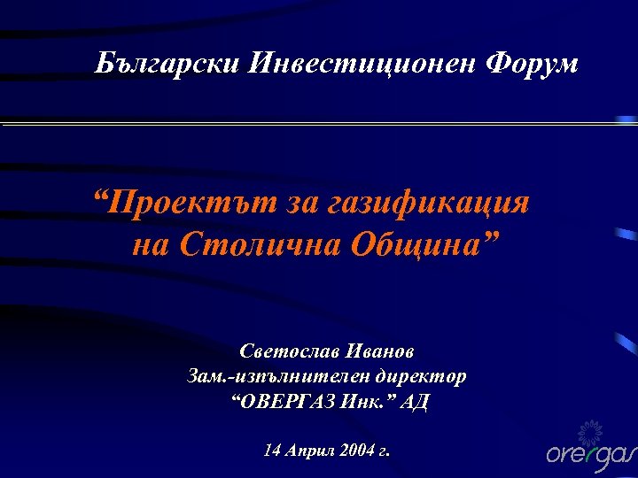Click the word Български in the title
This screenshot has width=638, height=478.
(x=168, y=64)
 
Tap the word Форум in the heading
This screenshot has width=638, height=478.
(x=533, y=64)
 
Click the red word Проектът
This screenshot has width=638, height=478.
(x=183, y=204)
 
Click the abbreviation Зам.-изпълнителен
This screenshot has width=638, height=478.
(x=278, y=376)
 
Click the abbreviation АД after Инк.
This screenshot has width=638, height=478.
(x=415, y=402)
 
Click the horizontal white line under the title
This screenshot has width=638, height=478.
(x=319, y=124)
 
